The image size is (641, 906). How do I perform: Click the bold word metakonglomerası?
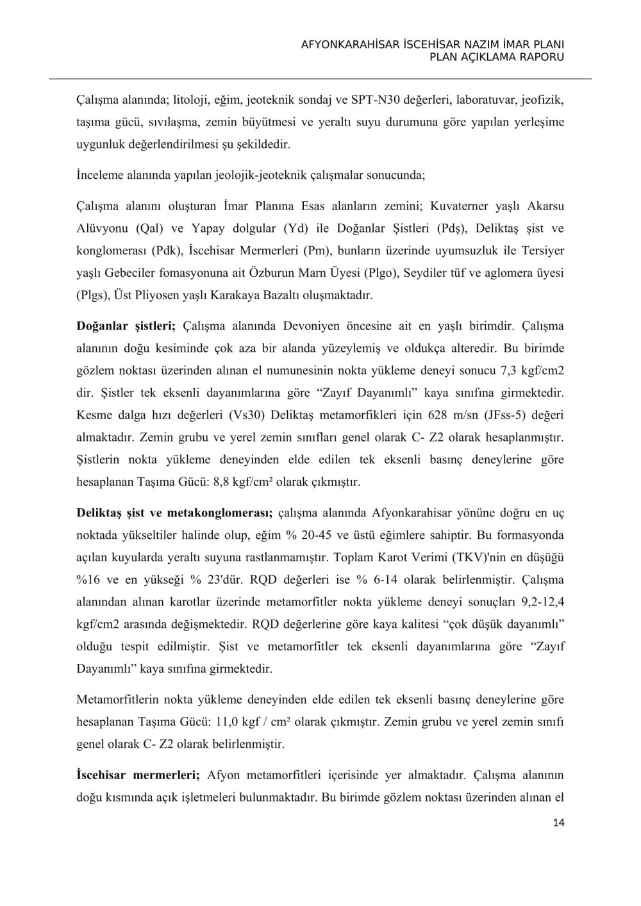click(220, 513)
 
